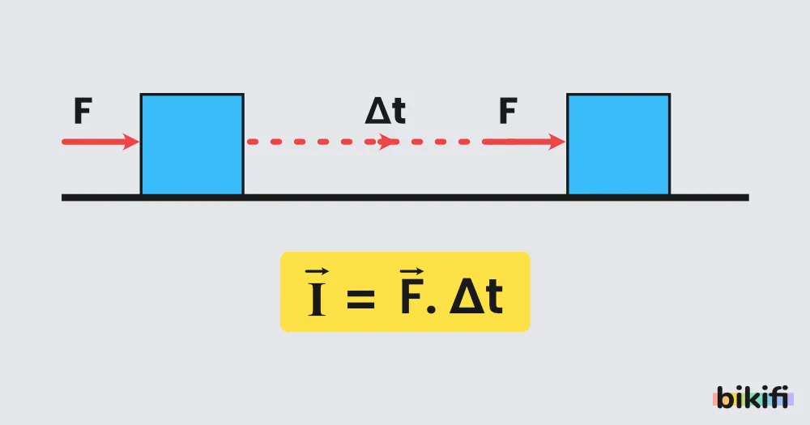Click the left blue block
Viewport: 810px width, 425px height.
point(192,144)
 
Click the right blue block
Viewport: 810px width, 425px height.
point(618,144)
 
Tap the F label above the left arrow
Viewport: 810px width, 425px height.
point(83,111)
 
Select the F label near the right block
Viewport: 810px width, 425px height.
point(509,111)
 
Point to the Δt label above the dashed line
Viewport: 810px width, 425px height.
point(386,111)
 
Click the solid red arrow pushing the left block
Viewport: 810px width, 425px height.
point(100,142)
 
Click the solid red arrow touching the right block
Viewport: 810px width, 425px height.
point(524,142)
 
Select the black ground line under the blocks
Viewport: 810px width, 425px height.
point(405,198)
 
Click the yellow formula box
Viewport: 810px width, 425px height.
point(405,291)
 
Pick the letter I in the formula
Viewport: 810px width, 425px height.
point(317,299)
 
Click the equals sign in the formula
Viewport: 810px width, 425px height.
point(361,299)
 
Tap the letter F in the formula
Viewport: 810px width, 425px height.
point(411,298)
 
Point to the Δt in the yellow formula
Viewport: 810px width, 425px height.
point(476,297)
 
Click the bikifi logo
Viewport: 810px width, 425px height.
point(753,397)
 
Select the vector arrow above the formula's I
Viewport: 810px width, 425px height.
point(317,272)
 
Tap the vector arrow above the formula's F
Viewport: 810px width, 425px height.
point(411,272)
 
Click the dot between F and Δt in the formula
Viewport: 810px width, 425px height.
point(432,310)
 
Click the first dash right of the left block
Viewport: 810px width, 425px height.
point(253,142)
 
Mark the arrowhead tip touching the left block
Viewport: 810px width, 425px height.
point(139,142)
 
